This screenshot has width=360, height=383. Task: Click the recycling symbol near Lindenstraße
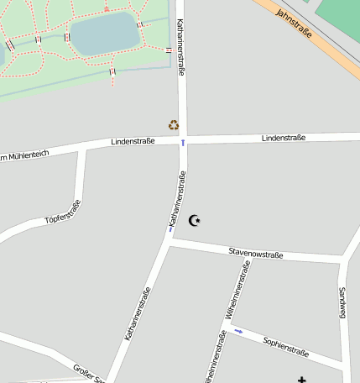(174, 125)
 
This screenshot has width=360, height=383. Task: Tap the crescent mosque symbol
(196, 221)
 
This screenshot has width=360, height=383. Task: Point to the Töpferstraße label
(64, 214)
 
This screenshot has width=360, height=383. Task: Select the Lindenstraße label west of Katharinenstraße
(133, 142)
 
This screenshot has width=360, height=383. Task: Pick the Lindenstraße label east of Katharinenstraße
(283, 137)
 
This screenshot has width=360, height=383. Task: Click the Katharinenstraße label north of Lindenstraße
(181, 49)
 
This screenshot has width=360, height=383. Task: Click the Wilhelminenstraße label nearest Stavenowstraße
(236, 291)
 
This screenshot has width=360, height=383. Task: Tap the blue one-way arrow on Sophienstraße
(238, 331)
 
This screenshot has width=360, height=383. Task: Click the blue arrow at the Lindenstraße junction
(183, 143)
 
